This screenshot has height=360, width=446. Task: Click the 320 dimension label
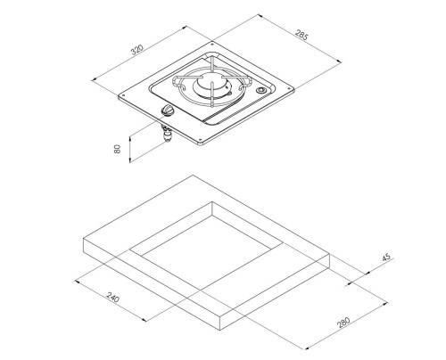137,50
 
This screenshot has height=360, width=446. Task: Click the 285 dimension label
301,35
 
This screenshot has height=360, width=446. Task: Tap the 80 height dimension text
118,149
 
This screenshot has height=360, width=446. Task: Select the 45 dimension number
386,257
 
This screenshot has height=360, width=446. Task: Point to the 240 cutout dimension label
113,298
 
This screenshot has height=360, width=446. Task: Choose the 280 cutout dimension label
343,323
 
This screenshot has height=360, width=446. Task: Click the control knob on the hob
167,111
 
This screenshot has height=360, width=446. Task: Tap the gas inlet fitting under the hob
167,134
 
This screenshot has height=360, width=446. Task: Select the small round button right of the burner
261,90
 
